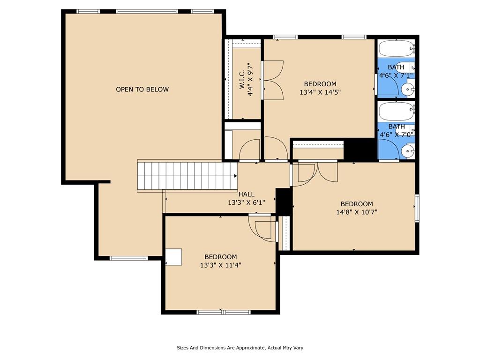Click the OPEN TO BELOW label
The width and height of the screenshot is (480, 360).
[142, 90]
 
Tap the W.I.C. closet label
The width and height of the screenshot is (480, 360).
[242, 80]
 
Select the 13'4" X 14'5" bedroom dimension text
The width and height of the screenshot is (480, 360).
[320, 92]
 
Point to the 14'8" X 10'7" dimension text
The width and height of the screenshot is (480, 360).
[357, 212]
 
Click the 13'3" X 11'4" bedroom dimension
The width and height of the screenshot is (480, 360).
[221, 265]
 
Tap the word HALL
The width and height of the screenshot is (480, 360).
[247, 194]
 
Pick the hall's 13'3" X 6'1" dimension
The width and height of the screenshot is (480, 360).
[247, 202]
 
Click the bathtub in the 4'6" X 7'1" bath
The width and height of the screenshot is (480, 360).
[396, 48]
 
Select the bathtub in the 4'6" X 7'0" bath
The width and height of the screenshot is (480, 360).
[396, 112]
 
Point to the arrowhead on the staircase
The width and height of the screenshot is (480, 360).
[235, 176]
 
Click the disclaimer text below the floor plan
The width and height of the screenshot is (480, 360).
[240, 348]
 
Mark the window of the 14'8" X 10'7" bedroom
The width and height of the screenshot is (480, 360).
[417, 208]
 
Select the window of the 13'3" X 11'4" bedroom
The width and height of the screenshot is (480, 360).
[223, 312]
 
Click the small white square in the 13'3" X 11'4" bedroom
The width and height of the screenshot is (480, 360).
[173, 257]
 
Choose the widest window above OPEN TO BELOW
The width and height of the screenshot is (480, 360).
[147, 11]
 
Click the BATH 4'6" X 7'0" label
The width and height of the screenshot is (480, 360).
[397, 130]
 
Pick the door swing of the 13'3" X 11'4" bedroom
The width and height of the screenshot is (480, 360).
[262, 228]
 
